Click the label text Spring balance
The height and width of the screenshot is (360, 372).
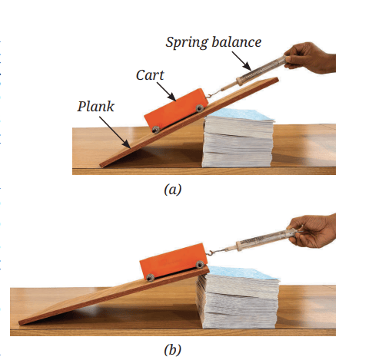(214, 42)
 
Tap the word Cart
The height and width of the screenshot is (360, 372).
(150, 75)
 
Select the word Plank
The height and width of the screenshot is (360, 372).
(96, 107)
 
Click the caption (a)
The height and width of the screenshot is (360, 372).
(173, 190)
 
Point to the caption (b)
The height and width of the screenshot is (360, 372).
(173, 349)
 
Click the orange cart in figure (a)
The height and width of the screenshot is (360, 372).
(176, 110)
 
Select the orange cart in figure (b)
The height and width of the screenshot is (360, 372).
(173, 261)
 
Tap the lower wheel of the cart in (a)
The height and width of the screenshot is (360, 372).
(155, 130)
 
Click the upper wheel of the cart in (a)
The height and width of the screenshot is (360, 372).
(200, 108)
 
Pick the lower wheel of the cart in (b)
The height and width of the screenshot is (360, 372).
(151, 277)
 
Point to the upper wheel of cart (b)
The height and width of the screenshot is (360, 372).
(200, 264)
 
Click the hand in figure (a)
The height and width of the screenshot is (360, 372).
(311, 58)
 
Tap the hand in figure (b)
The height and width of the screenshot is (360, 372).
(314, 231)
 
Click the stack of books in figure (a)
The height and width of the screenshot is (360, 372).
(237, 138)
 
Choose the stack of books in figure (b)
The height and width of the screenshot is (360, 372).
(237, 298)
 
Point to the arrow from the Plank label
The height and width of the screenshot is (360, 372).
(115, 133)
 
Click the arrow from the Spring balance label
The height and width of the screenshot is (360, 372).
(242, 61)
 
